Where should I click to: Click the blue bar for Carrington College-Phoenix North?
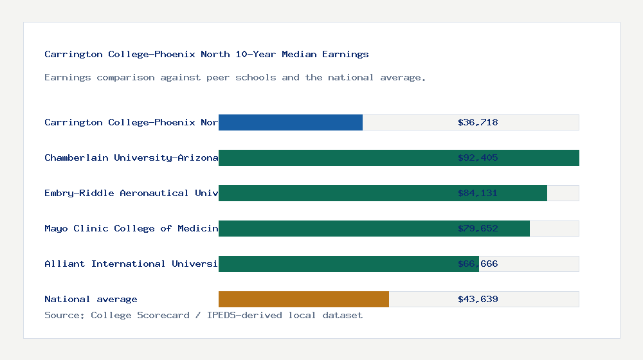(291, 122)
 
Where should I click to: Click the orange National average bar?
(303, 299)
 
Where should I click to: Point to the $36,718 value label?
(478, 122)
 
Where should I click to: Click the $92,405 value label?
(478, 157)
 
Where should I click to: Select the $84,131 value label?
(478, 193)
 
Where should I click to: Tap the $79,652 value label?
(478, 228)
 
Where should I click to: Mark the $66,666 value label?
(478, 264)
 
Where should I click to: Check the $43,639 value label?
(478, 299)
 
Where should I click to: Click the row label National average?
(91, 299)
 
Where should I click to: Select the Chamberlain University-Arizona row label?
(131, 157)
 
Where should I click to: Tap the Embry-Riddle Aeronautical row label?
(131, 193)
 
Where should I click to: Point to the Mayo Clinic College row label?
(131, 228)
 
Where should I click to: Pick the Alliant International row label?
(131, 264)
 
